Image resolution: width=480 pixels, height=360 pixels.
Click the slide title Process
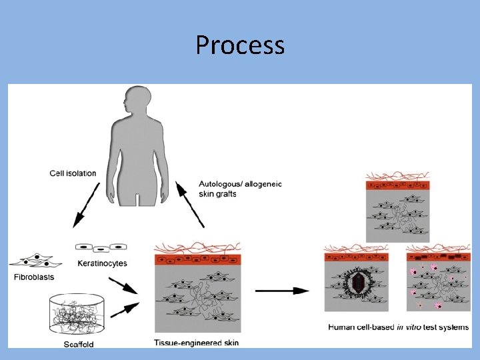point(240,45)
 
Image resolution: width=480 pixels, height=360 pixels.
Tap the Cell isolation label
point(73,173)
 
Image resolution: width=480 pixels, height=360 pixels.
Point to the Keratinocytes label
point(102,263)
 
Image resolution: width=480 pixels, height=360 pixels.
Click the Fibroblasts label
point(33,277)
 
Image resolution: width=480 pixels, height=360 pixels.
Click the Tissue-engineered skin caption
point(196,343)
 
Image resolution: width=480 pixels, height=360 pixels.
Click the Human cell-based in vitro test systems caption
point(398,327)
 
